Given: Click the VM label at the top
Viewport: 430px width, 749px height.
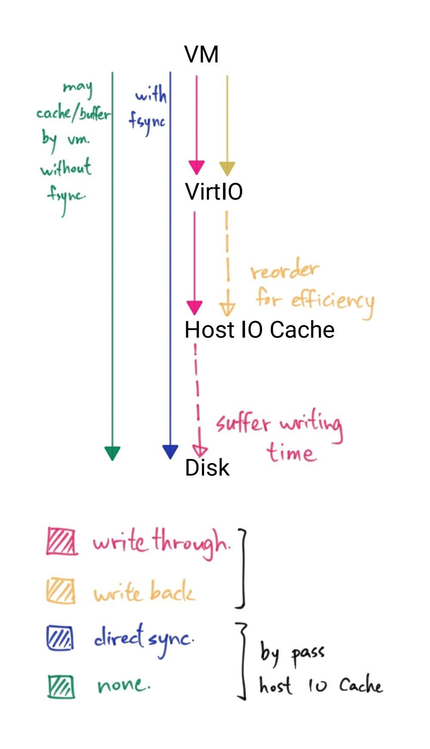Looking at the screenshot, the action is (201, 55).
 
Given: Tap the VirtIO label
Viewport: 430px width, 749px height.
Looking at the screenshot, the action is (214, 191).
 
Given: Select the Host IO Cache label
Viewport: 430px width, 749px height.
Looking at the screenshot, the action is (259, 330).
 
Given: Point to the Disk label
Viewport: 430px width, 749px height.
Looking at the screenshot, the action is (207, 467).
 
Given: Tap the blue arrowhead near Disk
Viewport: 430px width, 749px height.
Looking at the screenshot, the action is (170, 451).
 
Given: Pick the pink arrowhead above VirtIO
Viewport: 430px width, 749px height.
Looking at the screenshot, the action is (197, 167).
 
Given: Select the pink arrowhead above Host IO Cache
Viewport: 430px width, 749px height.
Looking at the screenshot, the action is (194, 307).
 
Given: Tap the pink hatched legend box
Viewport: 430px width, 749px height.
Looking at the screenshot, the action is (62, 541).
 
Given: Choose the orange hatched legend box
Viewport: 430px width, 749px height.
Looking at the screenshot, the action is (61, 592).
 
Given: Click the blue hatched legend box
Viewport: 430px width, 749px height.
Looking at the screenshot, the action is (60, 638).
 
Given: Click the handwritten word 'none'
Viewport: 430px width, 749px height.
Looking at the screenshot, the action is (124, 685).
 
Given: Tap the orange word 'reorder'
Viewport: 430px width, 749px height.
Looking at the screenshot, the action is (285, 271).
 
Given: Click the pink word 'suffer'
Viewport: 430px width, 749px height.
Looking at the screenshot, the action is (243, 423).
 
